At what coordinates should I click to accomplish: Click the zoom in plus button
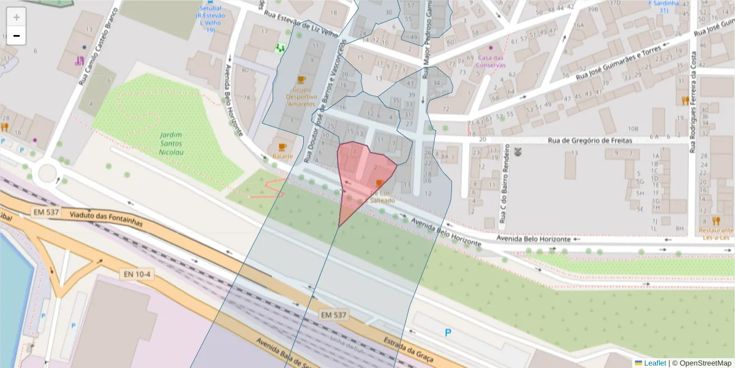click(17, 17)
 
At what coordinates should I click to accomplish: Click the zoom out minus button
click(17, 36)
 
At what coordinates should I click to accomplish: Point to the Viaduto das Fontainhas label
click(107, 219)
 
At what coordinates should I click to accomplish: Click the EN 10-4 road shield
click(135, 274)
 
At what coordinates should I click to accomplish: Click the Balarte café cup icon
click(282, 147)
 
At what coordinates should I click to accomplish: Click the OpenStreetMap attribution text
click(701, 363)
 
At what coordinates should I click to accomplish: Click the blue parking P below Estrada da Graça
click(448, 333)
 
